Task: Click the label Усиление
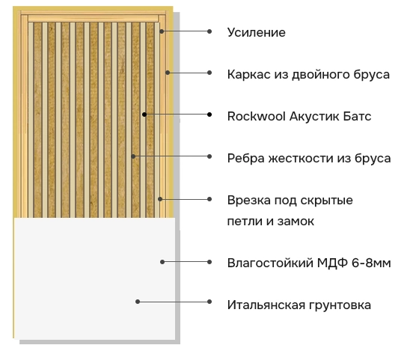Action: point(256,33)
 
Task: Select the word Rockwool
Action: point(256,117)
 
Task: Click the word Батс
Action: point(357,117)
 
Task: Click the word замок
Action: point(296,222)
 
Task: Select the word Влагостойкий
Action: point(270,263)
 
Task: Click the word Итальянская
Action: point(266,305)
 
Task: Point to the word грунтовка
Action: point(340,305)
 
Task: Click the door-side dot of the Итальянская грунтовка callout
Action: point(138,302)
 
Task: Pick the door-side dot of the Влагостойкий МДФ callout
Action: point(162,262)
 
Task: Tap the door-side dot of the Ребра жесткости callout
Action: point(133,156)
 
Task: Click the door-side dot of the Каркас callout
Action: point(168,73)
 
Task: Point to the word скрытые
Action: point(327,201)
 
